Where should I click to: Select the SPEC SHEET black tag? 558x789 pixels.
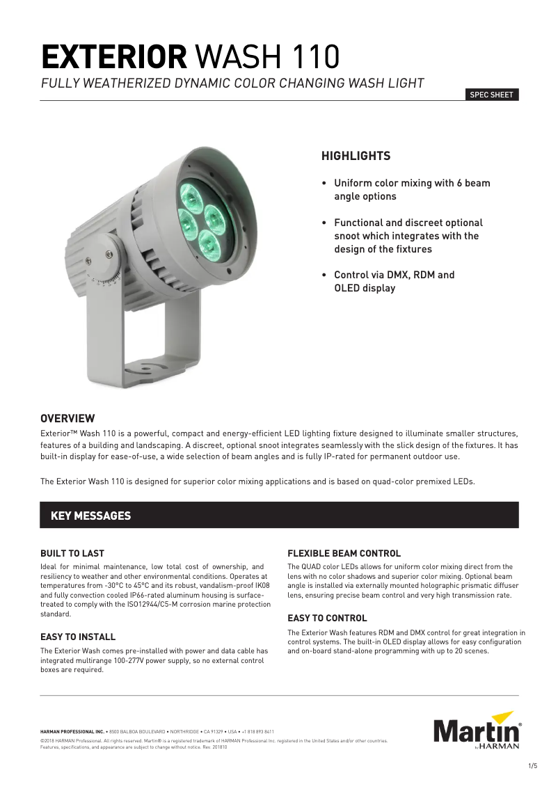492,95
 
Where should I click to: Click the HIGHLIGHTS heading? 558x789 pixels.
356,157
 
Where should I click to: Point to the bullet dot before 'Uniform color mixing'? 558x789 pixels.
324,184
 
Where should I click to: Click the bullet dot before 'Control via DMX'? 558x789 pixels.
324,276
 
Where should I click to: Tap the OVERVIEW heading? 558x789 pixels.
67,418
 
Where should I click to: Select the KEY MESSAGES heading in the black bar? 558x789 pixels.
90,516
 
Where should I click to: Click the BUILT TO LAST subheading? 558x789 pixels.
72,553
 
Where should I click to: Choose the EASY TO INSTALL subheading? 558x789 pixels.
78,637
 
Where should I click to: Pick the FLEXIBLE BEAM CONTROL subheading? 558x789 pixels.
344,553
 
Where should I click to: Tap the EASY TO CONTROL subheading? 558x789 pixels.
327,618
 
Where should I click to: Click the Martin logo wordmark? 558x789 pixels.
477,732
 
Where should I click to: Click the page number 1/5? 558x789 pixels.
533,766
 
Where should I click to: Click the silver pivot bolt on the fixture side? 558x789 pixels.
109,257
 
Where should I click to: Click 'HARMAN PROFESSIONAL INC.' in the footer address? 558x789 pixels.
72,732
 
